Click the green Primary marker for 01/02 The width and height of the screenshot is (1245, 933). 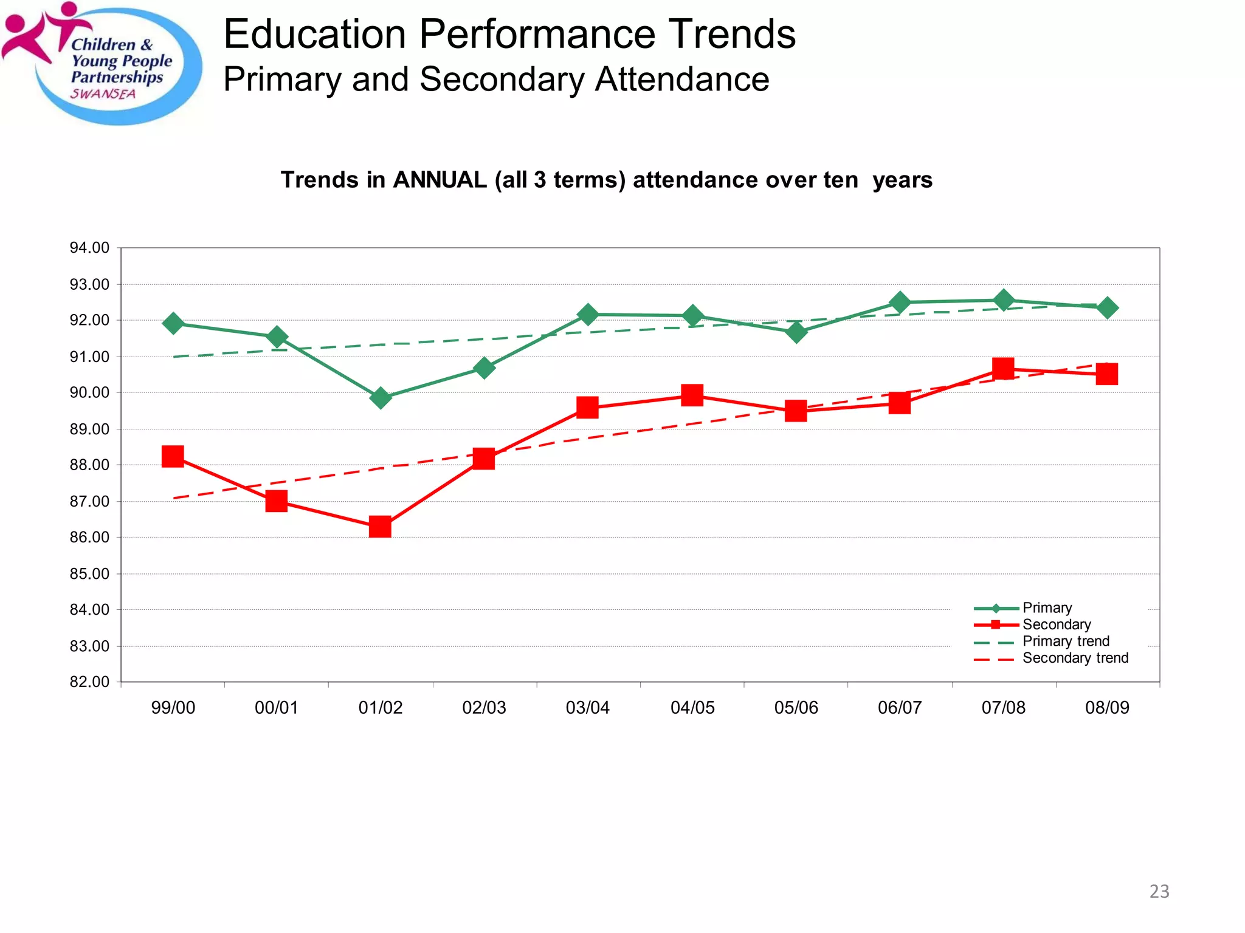tap(380, 398)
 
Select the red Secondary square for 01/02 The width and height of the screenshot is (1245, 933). tap(380, 527)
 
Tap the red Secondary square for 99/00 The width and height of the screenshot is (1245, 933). tap(173, 456)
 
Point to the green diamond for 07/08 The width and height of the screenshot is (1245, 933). tap(1003, 300)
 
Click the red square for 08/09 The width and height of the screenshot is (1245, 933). tap(1107, 374)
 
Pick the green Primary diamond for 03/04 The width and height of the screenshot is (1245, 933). tap(587, 315)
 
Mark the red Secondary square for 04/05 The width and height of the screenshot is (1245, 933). tap(692, 395)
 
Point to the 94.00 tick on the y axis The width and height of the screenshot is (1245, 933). tap(89, 248)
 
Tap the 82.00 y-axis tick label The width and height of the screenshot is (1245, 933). tap(89, 682)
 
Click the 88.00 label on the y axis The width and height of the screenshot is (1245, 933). tap(89, 465)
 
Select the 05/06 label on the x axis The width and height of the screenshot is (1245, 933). tap(796, 708)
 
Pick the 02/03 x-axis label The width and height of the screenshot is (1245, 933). tap(484, 708)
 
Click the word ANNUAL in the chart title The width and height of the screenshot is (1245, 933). tap(440, 180)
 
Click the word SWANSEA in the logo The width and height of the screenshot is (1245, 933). tap(103, 94)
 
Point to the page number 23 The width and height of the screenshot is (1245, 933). tap(1159, 891)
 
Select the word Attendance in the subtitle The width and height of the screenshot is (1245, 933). tap(681, 80)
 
